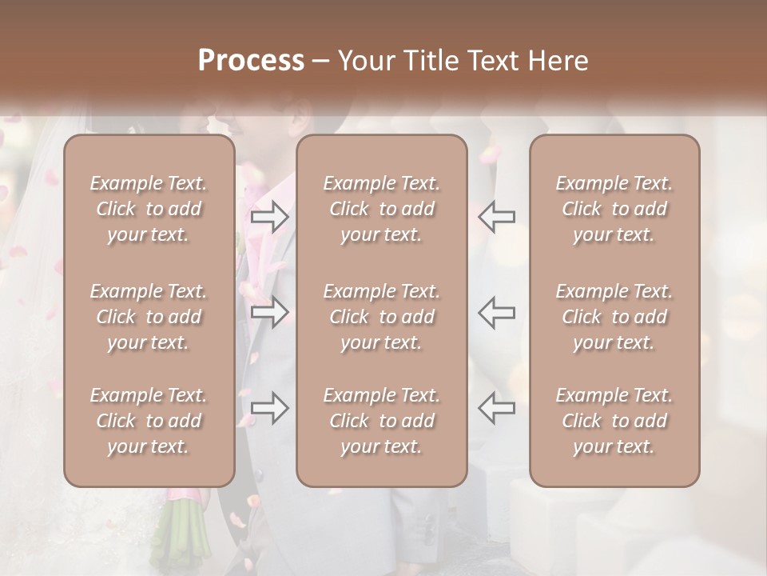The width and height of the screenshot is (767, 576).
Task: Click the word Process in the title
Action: [251, 61]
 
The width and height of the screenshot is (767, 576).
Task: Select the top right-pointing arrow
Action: [269, 217]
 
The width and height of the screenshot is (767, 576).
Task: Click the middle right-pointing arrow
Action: [269, 312]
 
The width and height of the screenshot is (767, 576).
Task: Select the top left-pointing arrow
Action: [497, 217]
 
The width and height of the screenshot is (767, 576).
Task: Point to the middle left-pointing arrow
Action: [497, 312]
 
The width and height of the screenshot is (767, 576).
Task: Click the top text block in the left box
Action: [149, 209]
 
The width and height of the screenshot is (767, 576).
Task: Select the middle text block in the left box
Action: [149, 317]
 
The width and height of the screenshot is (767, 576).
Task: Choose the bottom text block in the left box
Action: [149, 421]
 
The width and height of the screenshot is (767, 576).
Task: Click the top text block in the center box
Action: [381, 209]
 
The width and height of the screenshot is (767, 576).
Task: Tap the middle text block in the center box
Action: [381, 317]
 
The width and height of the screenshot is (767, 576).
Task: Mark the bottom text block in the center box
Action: [381, 421]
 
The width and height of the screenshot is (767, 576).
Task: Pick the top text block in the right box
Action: [614, 209]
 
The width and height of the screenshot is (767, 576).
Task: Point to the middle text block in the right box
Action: [614, 317]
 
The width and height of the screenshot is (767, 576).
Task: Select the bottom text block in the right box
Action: [614, 421]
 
